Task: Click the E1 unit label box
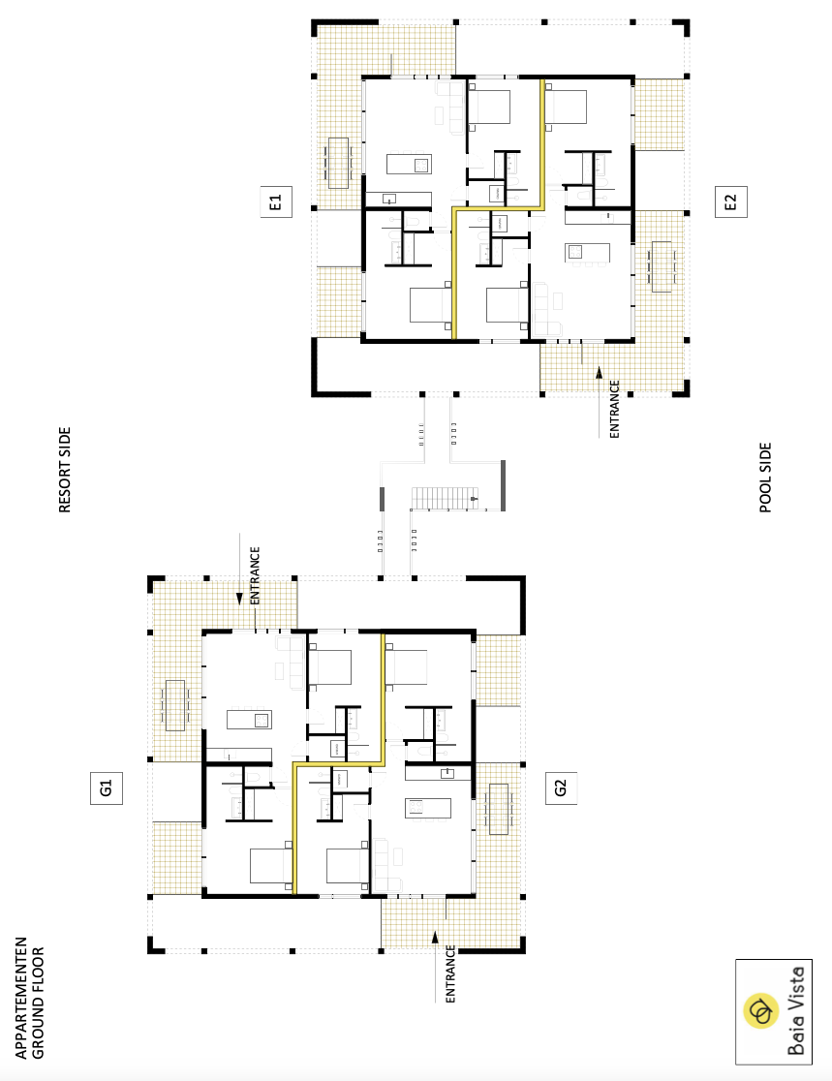[x=276, y=202]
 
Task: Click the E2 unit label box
[x=730, y=202]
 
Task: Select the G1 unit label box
[x=107, y=788]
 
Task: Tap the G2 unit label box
[x=561, y=788]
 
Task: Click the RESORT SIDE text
[x=65, y=470]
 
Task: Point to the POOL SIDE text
[x=765, y=478]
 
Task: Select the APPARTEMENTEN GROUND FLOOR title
[x=30, y=998]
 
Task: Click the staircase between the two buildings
[x=445, y=499]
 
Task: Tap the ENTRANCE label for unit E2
[x=614, y=409]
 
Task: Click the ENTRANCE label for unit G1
[x=255, y=575]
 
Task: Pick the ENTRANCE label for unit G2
[x=450, y=973]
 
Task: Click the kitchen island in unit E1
[x=409, y=164]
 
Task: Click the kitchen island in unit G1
[x=249, y=720]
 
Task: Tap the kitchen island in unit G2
[x=428, y=808]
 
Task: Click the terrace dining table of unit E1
[x=338, y=163]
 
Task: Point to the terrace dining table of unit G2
[x=499, y=809]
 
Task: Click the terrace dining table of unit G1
[x=175, y=705]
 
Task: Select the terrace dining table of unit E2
[x=662, y=266]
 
